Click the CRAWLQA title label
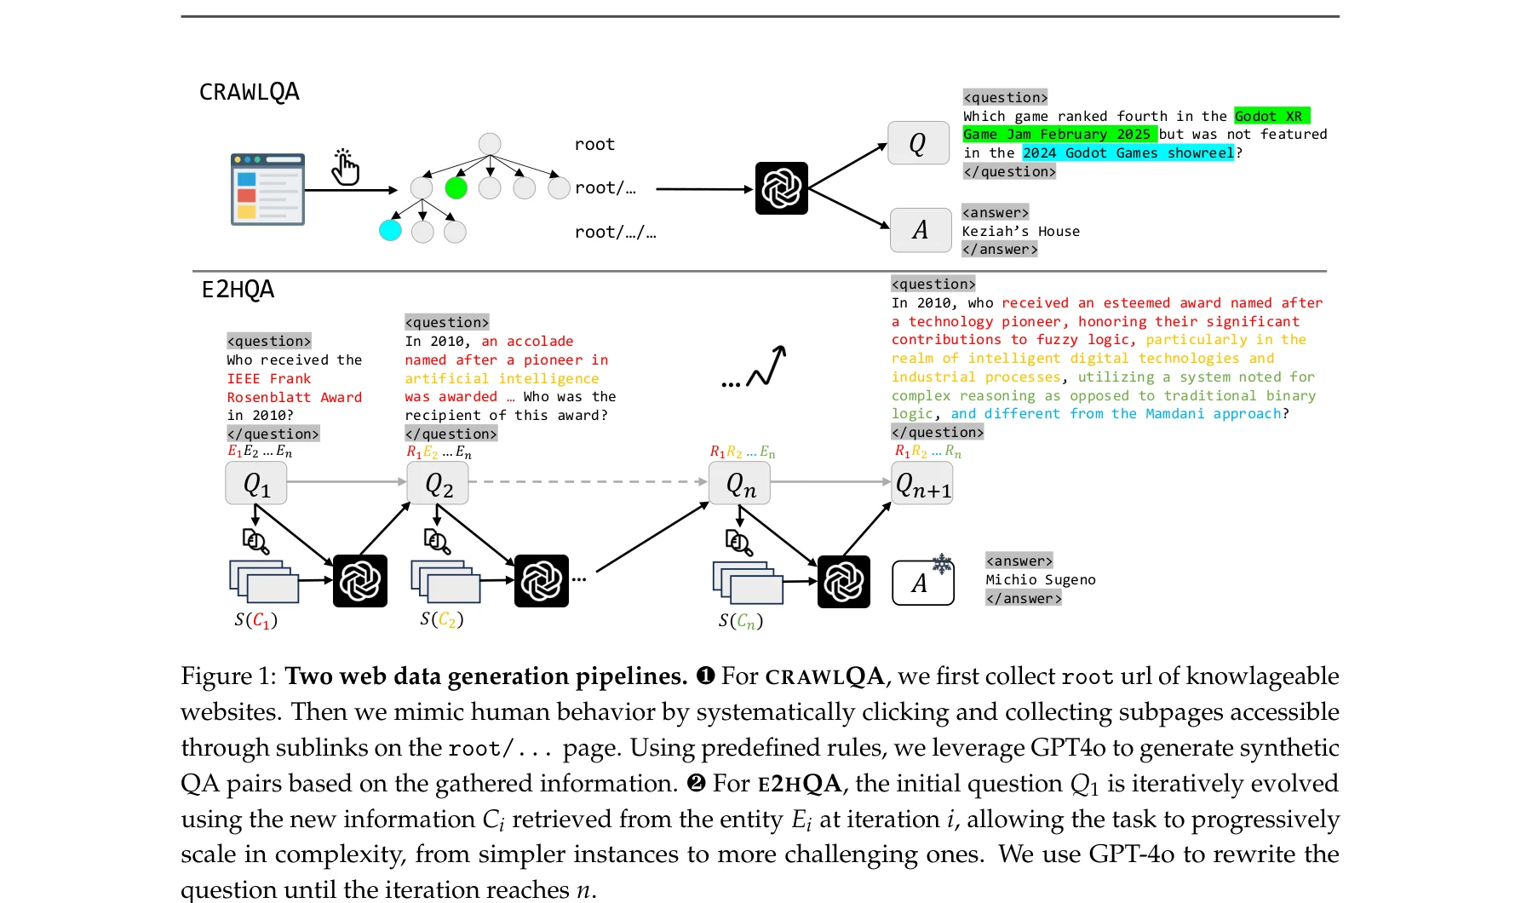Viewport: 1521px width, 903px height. pos(249,92)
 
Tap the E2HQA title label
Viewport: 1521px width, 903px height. pos(238,290)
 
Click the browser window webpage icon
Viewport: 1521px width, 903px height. pos(267,189)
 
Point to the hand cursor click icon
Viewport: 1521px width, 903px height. pos(345,168)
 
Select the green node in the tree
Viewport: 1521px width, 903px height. pos(456,188)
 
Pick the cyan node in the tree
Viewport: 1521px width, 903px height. pos(390,230)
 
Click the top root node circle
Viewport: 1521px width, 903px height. pos(490,143)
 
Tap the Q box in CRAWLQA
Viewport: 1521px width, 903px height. pos(918,143)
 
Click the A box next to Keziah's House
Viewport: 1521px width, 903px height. pos(920,230)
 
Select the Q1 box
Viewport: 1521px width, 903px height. pos(256,484)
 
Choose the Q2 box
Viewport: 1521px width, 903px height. pos(438,484)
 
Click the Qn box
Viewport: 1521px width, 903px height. pos(740,484)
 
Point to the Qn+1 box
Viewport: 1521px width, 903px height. pos(922,484)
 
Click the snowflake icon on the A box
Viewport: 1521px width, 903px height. pos(941,563)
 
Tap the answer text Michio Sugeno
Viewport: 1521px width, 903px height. pos(1040,580)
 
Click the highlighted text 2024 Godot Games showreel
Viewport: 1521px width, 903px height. pos(1128,153)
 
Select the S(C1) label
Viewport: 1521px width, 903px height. pos(256,620)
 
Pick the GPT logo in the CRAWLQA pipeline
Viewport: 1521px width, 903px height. pos(781,188)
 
